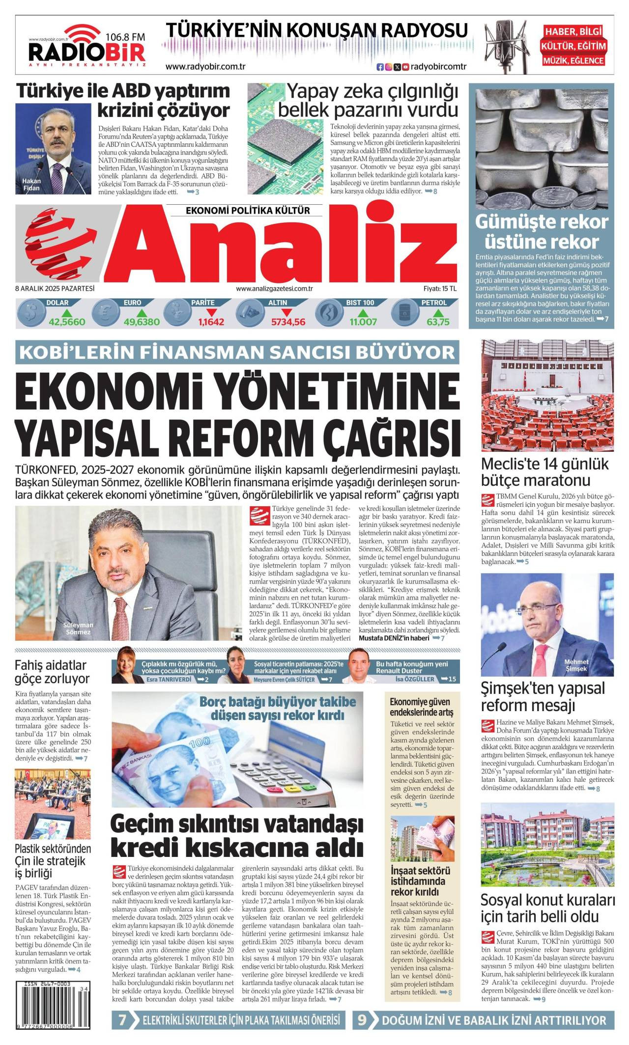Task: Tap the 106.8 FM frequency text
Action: pyautogui.click(x=125, y=36)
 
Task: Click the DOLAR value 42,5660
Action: pyautogui.click(x=67, y=322)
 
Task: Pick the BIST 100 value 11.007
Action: pyautogui.click(x=363, y=322)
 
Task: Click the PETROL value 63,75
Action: pyautogui.click(x=438, y=322)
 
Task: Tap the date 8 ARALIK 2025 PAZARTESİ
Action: pyautogui.click(x=55, y=289)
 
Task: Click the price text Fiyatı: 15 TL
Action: pyautogui.click(x=440, y=289)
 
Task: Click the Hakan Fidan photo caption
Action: pyautogui.click(x=31, y=184)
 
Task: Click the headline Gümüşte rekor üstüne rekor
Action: pyautogui.click(x=541, y=232)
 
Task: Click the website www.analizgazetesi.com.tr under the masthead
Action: pyautogui.click(x=274, y=289)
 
